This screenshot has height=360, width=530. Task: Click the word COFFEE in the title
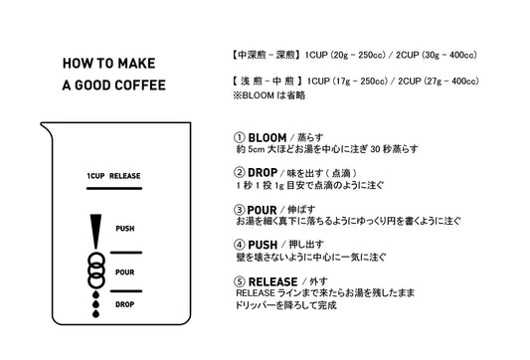pos(140,86)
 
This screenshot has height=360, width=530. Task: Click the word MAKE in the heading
pos(136,64)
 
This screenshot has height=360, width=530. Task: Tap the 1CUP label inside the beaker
pos(95,176)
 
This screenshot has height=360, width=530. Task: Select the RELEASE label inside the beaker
pos(124,176)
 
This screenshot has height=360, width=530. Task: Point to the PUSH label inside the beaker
pos(125,229)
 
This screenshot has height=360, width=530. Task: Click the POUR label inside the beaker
pos(125,272)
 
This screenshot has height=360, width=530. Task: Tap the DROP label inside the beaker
pos(125,304)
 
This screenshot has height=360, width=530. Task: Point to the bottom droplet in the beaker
pos(96,313)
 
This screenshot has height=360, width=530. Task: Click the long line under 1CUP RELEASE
pos(114,188)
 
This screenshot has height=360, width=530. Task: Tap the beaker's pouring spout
pos(46,128)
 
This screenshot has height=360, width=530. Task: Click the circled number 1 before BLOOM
pos(240,137)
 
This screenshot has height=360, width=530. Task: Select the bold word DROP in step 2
pos(263,173)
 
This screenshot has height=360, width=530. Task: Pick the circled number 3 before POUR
pos(240,210)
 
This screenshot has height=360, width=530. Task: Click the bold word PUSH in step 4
pos(263,245)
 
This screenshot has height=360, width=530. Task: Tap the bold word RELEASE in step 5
pos(273,281)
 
